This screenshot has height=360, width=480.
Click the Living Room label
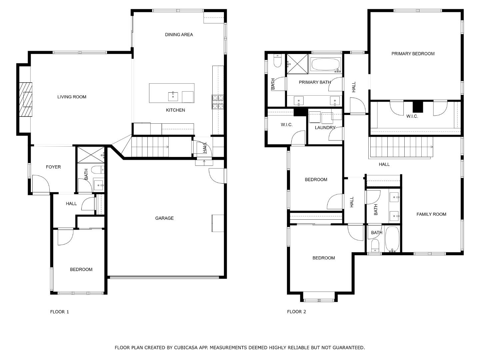72,97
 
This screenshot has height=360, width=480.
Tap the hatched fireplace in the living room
26,99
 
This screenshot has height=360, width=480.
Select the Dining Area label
179,35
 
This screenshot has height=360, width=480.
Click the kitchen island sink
173,96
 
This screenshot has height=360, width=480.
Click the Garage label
164,218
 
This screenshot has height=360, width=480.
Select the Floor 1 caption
59,312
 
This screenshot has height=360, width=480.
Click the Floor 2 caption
296,312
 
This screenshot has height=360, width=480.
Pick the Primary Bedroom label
413,54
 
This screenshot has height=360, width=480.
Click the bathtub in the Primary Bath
325,64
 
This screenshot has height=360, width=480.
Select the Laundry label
325,128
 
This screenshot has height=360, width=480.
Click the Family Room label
431,214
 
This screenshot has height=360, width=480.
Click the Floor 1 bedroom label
81,270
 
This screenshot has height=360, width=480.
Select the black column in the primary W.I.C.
418,107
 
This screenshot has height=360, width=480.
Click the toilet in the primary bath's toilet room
277,61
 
